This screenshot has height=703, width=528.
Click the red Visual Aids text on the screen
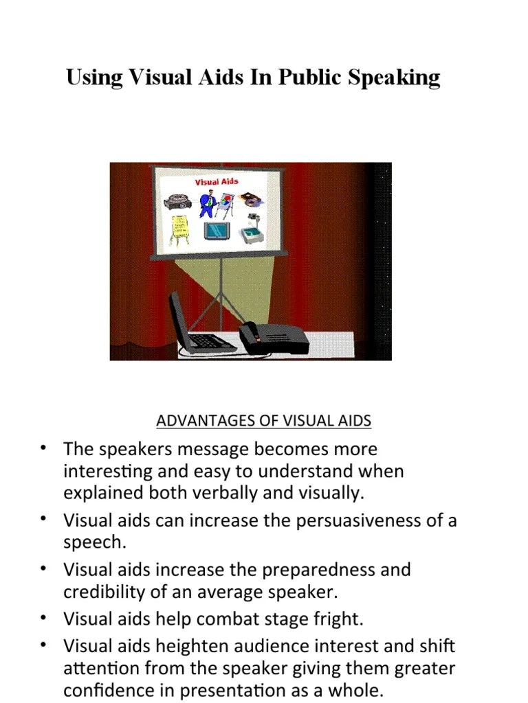[x=217, y=182]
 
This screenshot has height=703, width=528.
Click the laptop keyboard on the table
[x=210, y=341]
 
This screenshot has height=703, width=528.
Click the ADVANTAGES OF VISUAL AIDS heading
[x=263, y=421]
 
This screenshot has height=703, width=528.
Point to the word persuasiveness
[x=358, y=520]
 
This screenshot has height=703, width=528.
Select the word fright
[x=338, y=619]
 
